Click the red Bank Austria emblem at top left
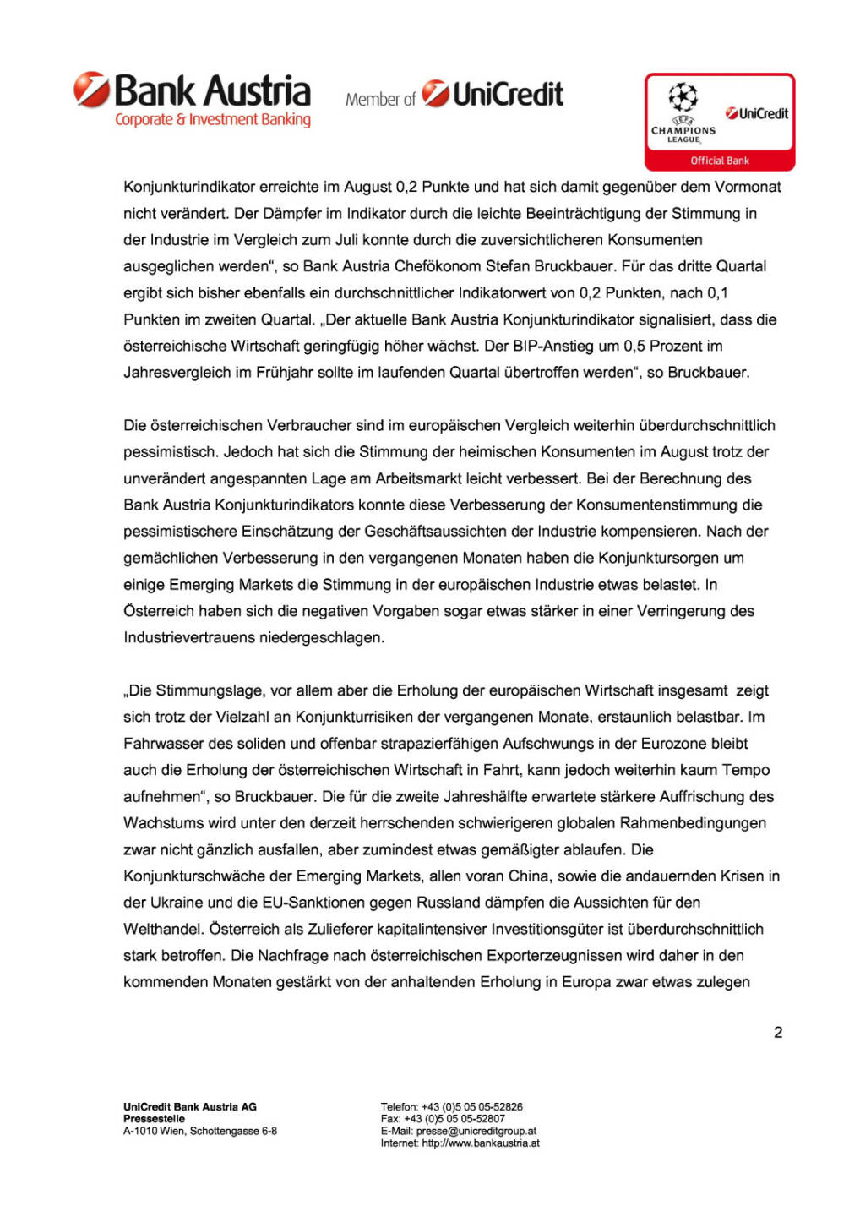pos(91,89)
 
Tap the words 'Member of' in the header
pos(380,100)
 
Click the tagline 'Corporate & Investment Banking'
pos(213,120)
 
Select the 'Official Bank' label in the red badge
pos(720,161)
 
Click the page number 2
pos(778,1032)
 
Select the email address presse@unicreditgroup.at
pos(476,1131)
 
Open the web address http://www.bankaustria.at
pos(481,1143)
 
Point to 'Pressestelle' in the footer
pos(154,1119)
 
